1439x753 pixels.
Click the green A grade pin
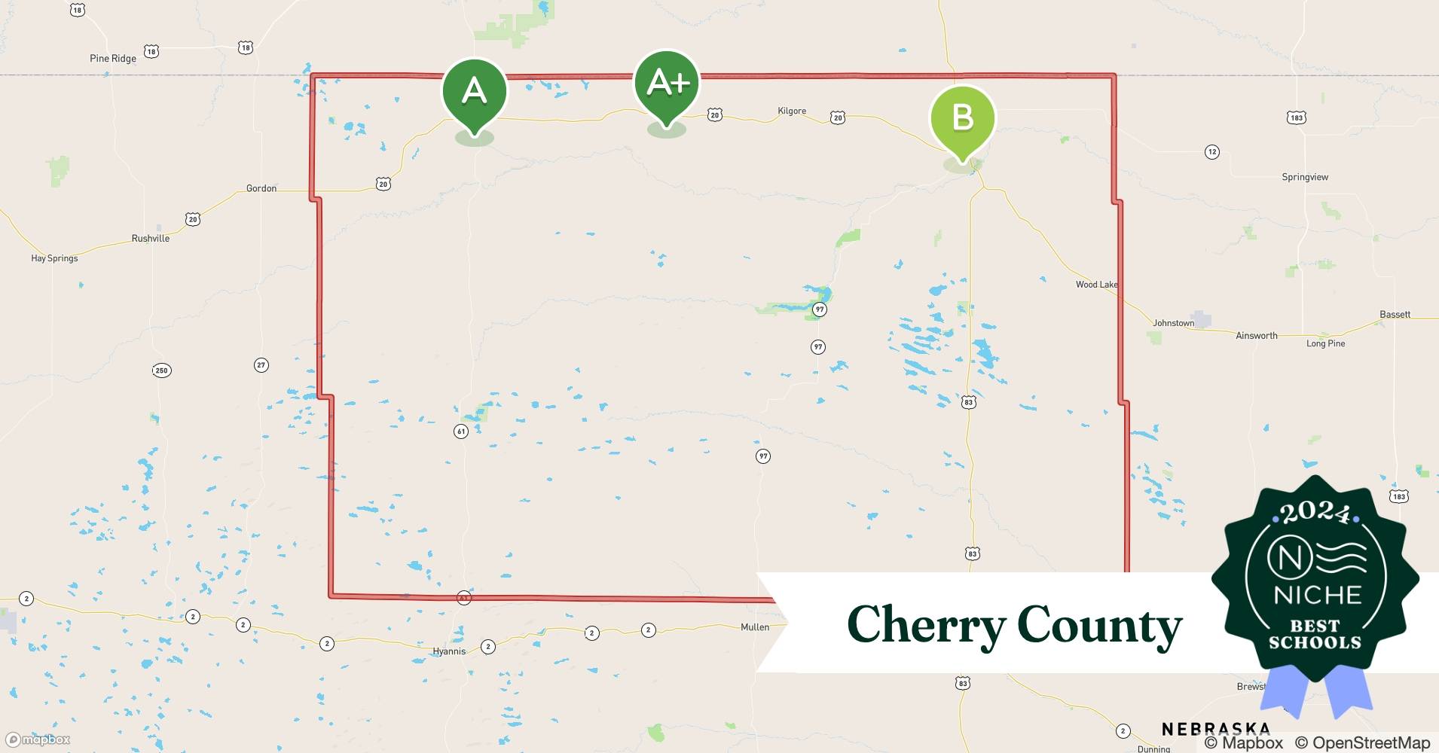tap(474, 92)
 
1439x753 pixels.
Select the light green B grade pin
tap(963, 119)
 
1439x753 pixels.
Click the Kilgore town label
tap(792, 111)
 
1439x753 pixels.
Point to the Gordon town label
tap(261, 188)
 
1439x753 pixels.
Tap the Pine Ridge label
tap(113, 59)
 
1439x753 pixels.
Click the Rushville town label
tap(151, 238)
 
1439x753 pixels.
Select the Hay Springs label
tap(54, 258)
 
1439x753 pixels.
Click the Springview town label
tap(1305, 177)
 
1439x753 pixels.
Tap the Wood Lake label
tap(1096, 285)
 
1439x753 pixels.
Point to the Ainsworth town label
tap(1257, 336)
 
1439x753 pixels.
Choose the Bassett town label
tap(1395, 314)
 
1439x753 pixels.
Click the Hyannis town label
tap(449, 651)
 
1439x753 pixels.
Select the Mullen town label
tap(755, 627)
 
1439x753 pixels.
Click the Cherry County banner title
tap(1014, 625)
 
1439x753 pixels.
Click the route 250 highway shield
tap(161, 370)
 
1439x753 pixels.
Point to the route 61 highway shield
tap(461, 431)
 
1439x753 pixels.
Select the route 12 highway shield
tap(1211, 152)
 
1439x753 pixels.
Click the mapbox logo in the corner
tap(38, 739)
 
